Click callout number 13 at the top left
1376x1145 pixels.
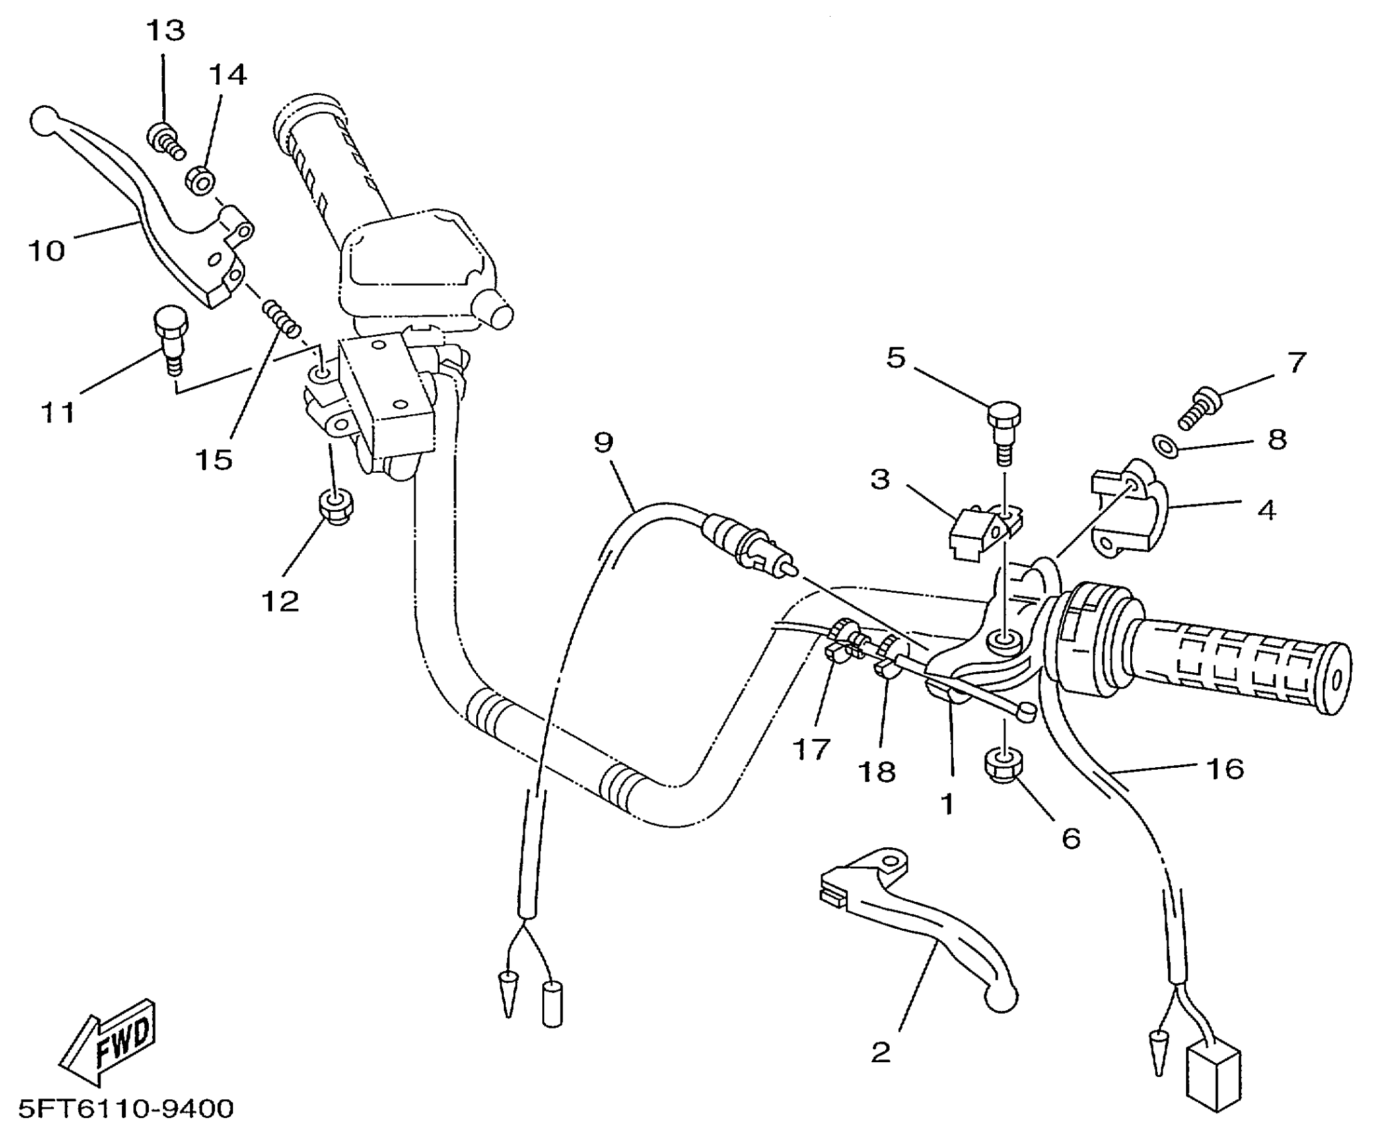(x=166, y=31)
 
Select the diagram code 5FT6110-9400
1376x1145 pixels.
(x=126, y=1108)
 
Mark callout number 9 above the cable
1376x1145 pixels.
(x=603, y=443)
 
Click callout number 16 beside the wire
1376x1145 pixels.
(x=1225, y=768)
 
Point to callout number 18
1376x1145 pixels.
(x=877, y=772)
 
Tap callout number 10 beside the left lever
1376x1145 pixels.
(x=46, y=251)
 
